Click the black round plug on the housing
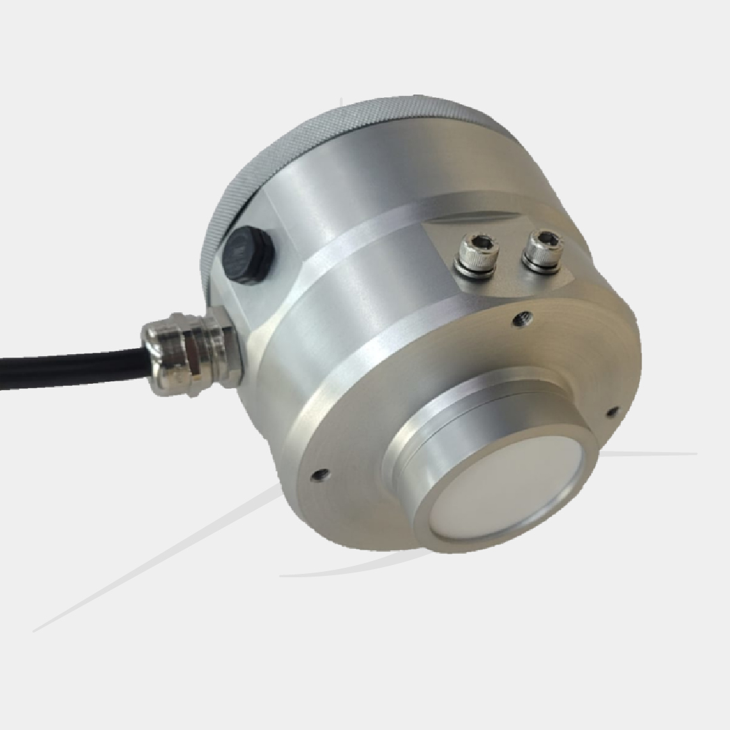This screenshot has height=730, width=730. (x=248, y=255)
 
